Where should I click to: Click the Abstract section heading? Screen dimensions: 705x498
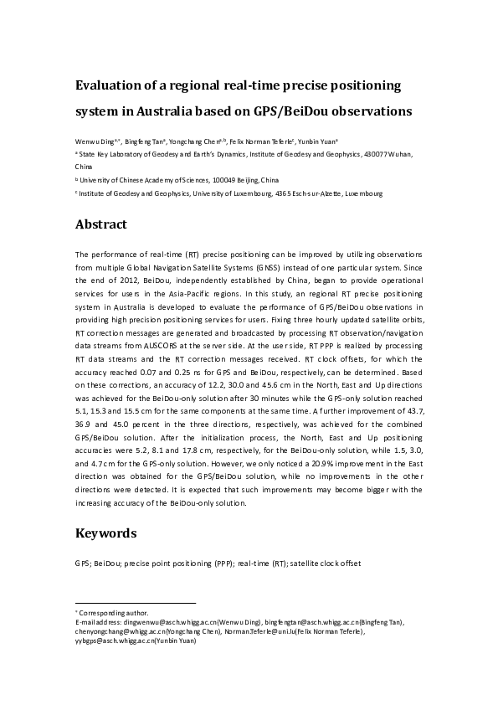click(x=100, y=224)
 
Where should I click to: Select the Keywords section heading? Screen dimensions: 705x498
click(x=105, y=533)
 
